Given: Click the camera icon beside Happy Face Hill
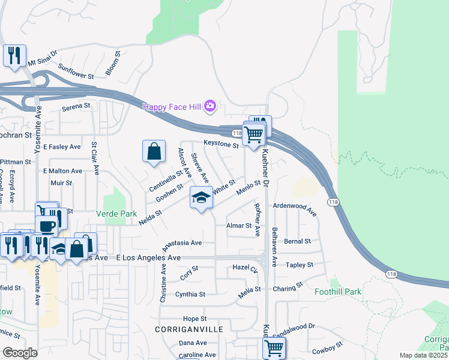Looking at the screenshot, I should pos(209,107).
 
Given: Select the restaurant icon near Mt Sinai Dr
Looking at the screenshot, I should pos(14,56).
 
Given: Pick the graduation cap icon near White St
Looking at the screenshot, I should pos(201,197).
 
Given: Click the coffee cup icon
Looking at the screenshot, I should pos(46,226).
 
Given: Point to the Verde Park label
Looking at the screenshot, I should pos(116,214).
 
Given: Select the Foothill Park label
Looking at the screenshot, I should pos(338,292).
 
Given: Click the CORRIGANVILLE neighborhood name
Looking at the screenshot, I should pos(188,329).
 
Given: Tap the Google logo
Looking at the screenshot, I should pos(20,353).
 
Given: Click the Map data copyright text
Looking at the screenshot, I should pos(423,355).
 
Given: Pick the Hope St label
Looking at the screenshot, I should pos(195,319).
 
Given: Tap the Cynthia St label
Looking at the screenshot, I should pos(190,294).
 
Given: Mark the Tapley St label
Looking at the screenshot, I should pos(300,265).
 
